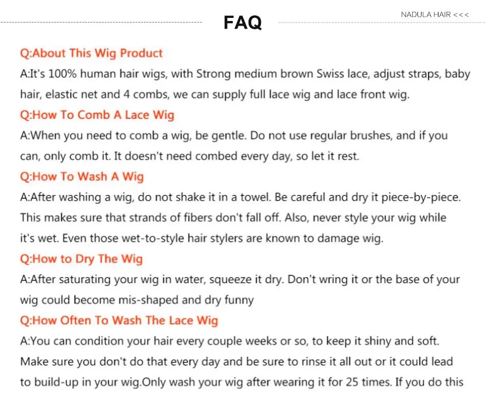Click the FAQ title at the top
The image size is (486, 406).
[242, 23]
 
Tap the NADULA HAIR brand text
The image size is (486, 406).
[426, 14]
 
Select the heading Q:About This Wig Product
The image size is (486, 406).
[91, 53]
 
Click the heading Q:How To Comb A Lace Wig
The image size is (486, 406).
[97, 115]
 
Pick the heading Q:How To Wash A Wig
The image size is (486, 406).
[82, 177]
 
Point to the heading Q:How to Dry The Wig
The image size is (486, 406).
[81, 259]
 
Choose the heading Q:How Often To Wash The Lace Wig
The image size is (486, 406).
[119, 320]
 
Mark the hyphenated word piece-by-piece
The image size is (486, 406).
[421, 198]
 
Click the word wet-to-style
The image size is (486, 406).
[153, 239]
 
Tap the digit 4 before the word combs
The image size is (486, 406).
[126, 94]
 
